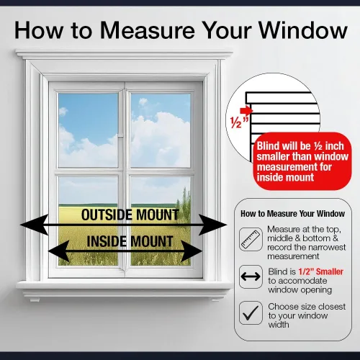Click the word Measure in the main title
coord(148,30)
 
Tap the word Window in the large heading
coord(303,30)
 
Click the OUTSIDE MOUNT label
coord(130,215)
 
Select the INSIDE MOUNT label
coord(130,241)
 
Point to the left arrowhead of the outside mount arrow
coord(35,225)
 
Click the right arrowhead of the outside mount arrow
coord(213,225)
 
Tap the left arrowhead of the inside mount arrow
coord(59,251)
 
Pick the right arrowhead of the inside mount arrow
coord(192,251)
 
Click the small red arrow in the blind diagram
coord(246,110)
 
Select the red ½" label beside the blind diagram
coord(239,122)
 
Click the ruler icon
coord(251,239)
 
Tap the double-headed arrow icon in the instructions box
coord(251,276)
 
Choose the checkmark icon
coord(251,312)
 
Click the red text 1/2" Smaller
coord(320,271)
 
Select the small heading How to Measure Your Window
coord(292,214)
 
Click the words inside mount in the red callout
coord(285,178)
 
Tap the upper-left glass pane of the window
coord(89,130)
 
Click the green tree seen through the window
coord(185,202)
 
